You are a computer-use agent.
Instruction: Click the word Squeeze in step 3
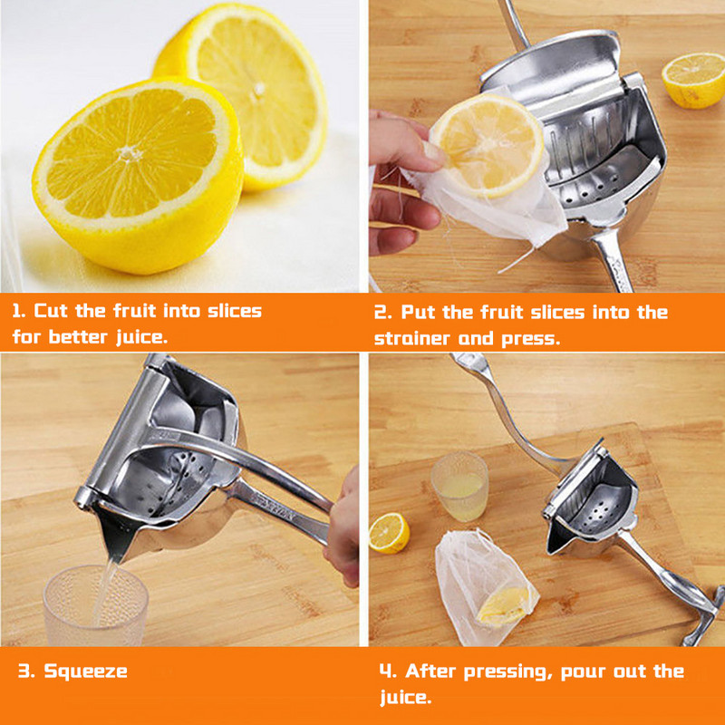(85, 672)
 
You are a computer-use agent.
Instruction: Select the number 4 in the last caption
(386, 671)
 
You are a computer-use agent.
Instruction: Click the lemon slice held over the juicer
(488, 146)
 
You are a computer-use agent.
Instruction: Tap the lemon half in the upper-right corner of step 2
(694, 80)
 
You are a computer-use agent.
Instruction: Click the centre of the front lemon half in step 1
(138, 175)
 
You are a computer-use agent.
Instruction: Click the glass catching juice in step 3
(96, 605)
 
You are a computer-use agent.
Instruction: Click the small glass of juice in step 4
(460, 486)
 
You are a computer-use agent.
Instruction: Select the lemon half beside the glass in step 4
(389, 533)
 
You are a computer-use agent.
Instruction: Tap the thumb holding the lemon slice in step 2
(429, 155)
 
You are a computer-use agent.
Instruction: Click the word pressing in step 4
(507, 672)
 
